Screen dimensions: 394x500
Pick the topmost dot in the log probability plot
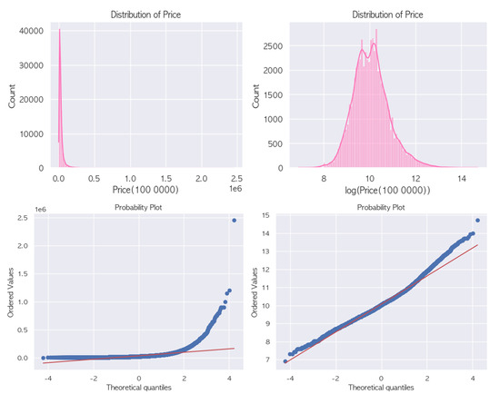(478, 221)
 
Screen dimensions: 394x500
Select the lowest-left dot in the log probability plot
(285, 361)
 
